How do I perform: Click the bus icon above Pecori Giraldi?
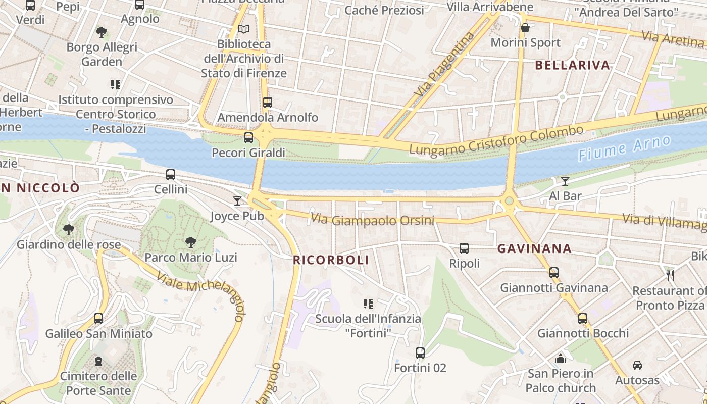pyautogui.click(x=248, y=138)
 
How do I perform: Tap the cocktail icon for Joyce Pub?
pyautogui.click(x=237, y=201)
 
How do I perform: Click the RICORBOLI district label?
pyautogui.click(x=331, y=260)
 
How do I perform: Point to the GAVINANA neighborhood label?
pyautogui.click(x=534, y=248)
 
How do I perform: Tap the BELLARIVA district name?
pyautogui.click(x=572, y=65)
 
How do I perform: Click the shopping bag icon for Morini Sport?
pyautogui.click(x=525, y=28)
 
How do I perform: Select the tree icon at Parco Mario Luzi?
pyautogui.click(x=190, y=242)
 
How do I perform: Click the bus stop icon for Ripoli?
pyautogui.click(x=464, y=248)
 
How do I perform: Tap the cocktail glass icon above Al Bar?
pyautogui.click(x=565, y=181)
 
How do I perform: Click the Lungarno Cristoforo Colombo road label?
pyautogui.click(x=496, y=140)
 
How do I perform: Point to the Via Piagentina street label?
pyautogui.click(x=445, y=65)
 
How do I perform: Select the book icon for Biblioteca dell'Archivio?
pyautogui.click(x=244, y=29)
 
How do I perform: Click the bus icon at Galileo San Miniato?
pyautogui.click(x=98, y=319)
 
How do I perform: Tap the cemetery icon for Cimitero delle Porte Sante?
pyautogui.click(x=98, y=361)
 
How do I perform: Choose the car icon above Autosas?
pyautogui.click(x=637, y=365)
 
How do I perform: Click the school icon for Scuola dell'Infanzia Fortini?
pyautogui.click(x=368, y=304)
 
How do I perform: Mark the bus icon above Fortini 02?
pyautogui.click(x=420, y=353)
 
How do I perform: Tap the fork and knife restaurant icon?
pyautogui.click(x=671, y=275)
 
